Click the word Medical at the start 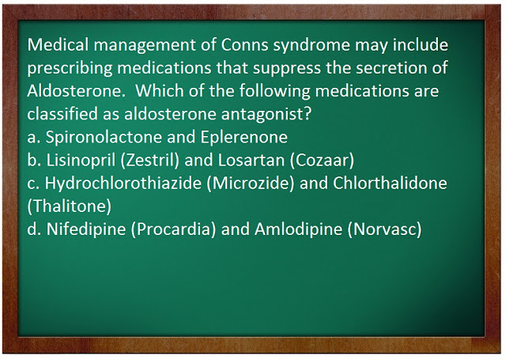coord(58,44)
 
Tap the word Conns coord(244,44)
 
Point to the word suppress coord(283,69)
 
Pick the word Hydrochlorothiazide coord(123,183)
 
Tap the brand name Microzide coord(251,184)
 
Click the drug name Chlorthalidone coord(390,183)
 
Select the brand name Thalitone coord(70,207)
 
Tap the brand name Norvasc coord(385,229)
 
